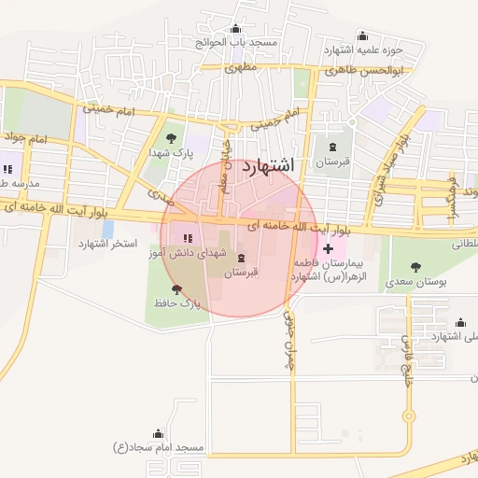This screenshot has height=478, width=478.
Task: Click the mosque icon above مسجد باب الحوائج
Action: point(233,29)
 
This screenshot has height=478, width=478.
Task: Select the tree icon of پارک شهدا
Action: point(170,137)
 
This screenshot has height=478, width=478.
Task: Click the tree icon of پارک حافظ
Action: point(177,289)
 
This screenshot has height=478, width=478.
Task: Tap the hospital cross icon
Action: point(328,248)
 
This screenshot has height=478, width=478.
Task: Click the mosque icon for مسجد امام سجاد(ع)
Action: point(157,434)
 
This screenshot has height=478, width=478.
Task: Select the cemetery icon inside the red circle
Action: point(242,258)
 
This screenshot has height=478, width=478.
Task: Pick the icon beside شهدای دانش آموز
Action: point(189,237)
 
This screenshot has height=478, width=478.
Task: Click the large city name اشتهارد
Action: point(267,165)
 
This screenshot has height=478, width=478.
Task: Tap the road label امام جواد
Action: point(25,140)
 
